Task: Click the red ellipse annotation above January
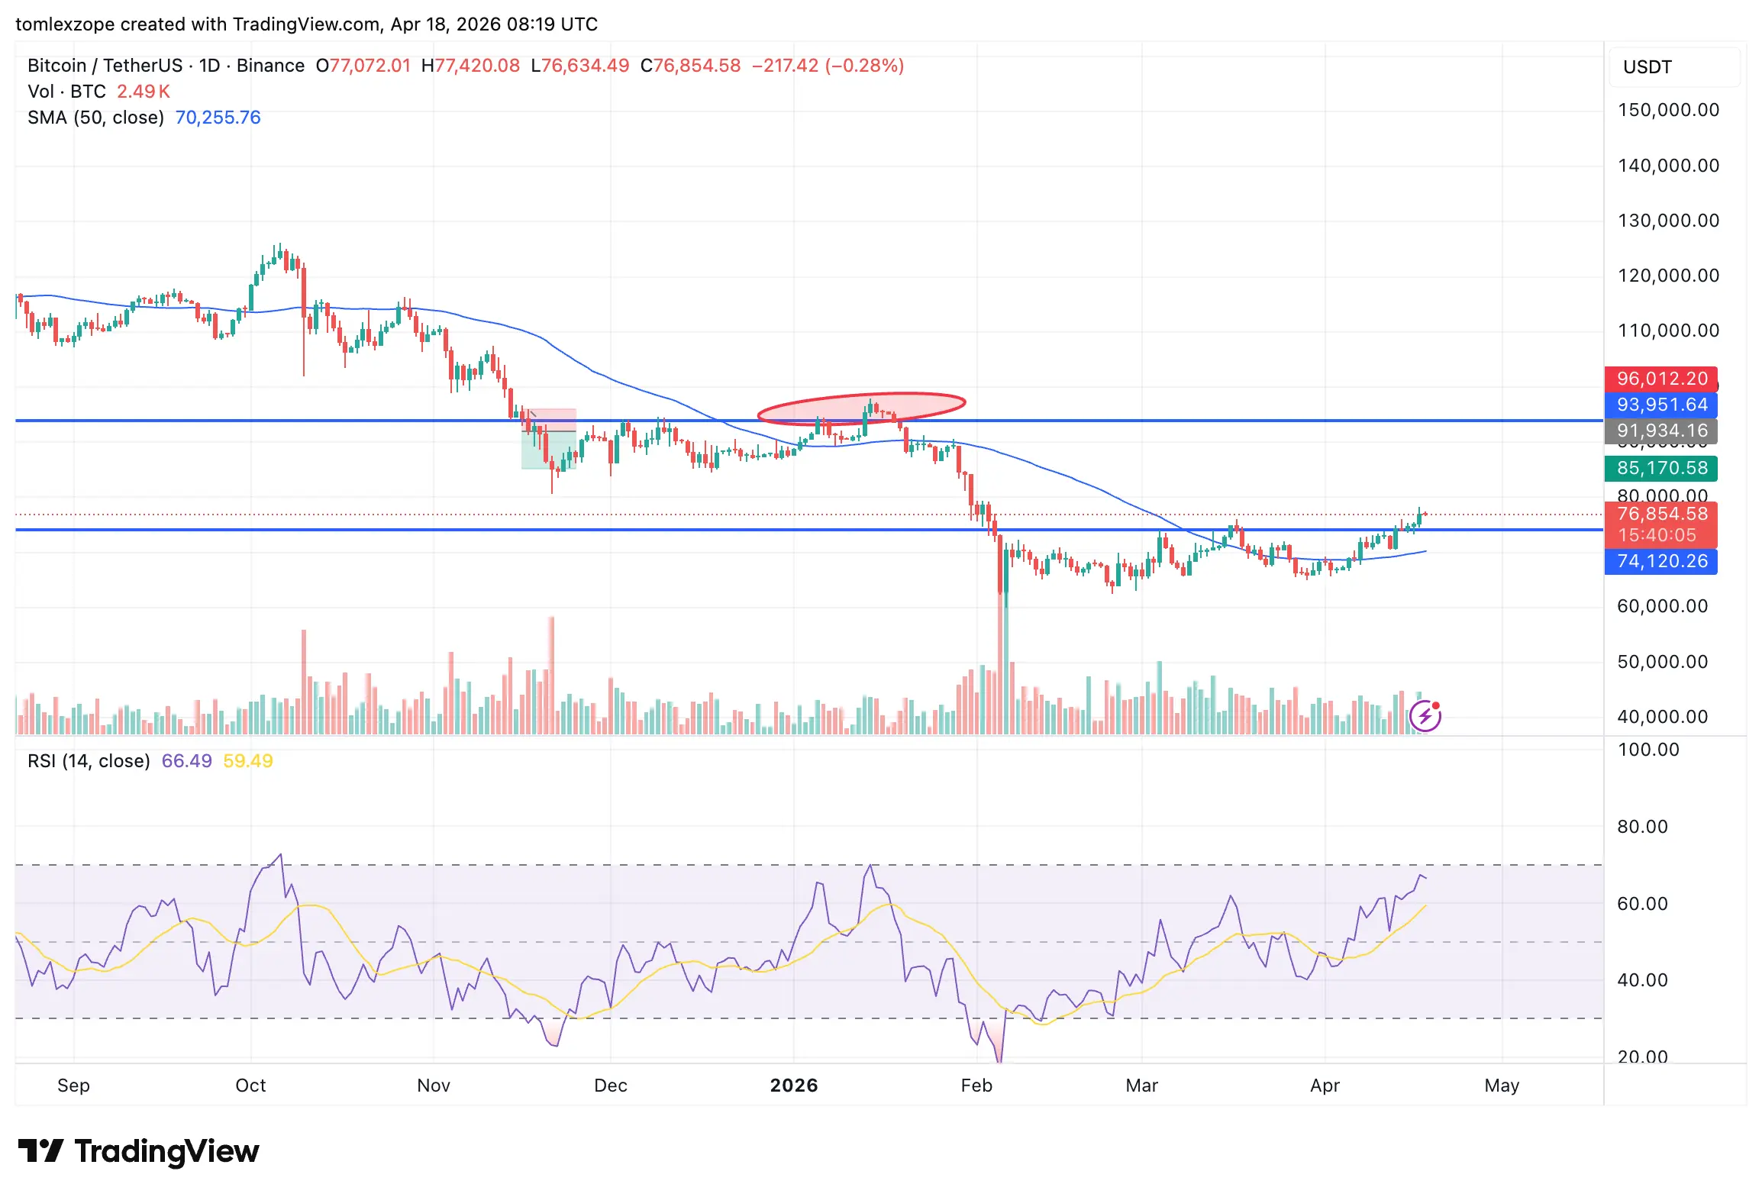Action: [861, 408]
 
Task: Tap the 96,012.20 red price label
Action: [1661, 379]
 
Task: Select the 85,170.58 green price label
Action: [1661, 468]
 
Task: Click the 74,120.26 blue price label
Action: [1661, 561]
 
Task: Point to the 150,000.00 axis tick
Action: [1668, 110]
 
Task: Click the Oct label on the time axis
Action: [250, 1085]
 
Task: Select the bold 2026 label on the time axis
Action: [793, 1085]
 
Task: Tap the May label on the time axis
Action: [1501, 1085]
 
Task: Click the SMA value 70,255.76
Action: [218, 118]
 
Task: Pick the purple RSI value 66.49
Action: [186, 761]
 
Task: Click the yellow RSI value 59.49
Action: [247, 761]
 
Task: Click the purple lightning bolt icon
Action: [1425, 716]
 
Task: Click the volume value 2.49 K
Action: [143, 92]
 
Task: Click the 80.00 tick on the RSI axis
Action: [1642, 827]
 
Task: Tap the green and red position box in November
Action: [548, 440]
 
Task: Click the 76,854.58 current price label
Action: [1661, 515]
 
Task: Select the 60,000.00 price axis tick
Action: [1662, 606]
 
